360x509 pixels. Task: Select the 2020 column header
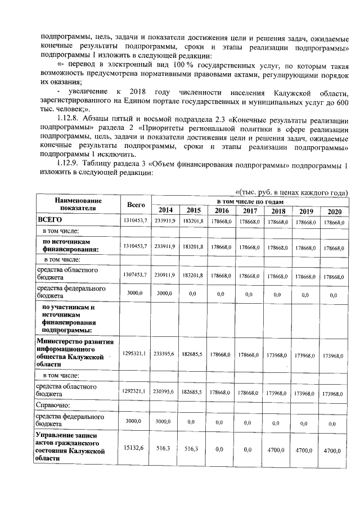(333, 211)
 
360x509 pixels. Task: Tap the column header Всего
(136, 205)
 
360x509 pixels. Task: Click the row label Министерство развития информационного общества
(75, 353)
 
